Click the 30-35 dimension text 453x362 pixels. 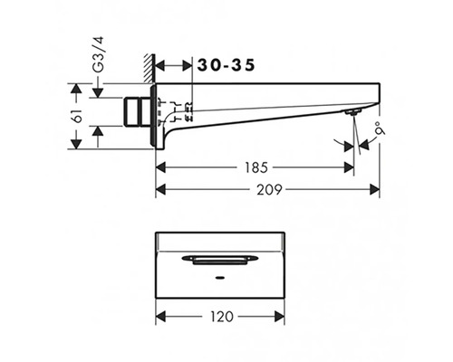226,65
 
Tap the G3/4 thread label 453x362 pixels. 98,54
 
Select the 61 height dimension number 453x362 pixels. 78,116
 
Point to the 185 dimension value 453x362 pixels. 255,167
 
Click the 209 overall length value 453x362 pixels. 269,190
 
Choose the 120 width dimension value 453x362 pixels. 221,317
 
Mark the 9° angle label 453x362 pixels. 381,128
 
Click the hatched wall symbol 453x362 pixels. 149,68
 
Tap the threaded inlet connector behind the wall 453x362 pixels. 137,111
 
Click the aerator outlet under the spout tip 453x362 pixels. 352,112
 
